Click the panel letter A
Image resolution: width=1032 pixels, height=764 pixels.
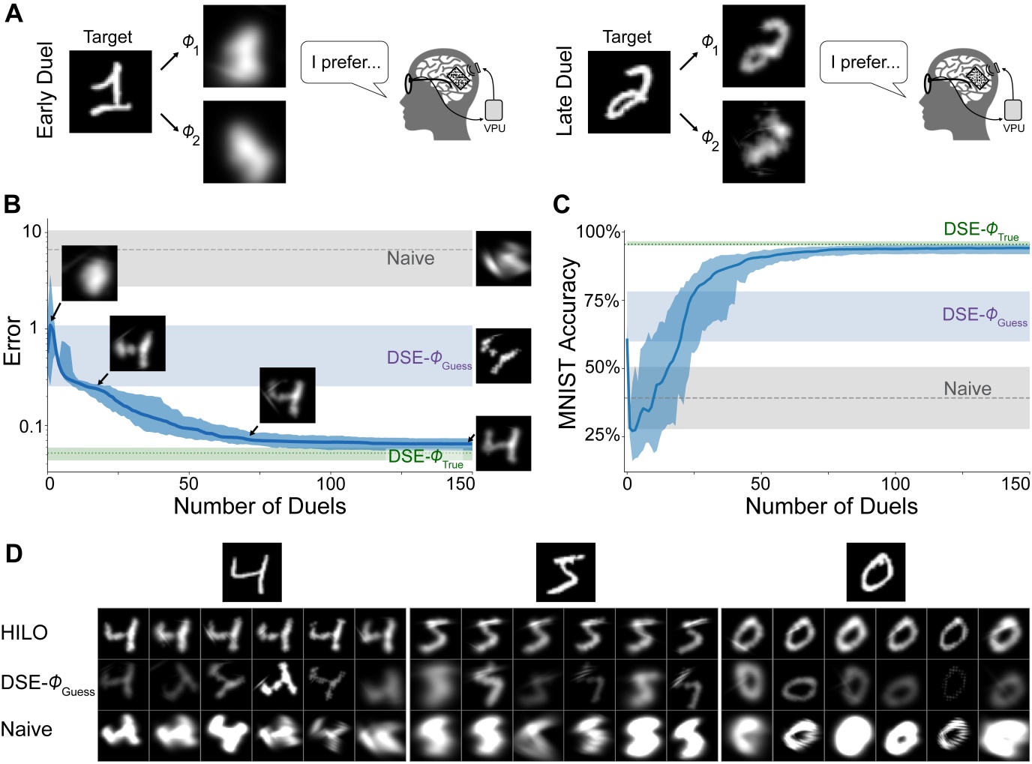tap(13, 13)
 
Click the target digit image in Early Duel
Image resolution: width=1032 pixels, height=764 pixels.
tap(110, 92)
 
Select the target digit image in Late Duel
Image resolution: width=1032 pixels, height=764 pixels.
tap(628, 92)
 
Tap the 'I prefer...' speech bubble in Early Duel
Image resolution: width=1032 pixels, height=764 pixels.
tap(345, 63)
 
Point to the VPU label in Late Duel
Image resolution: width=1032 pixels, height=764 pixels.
tap(1013, 128)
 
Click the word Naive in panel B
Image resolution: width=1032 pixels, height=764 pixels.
tap(410, 259)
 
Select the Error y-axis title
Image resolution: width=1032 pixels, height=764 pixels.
tap(13, 340)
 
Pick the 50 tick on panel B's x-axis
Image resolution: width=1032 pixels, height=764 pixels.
tap(188, 484)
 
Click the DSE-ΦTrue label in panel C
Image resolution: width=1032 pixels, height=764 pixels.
tap(980, 230)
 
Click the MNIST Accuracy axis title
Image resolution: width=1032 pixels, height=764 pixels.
tap(568, 343)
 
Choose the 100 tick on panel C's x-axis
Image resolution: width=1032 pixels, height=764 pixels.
tap(895, 484)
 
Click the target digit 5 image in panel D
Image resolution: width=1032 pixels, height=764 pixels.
tap(565, 572)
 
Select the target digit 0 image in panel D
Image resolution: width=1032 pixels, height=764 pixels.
tap(875, 572)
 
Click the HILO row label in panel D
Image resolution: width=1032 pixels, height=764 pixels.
tap(25, 633)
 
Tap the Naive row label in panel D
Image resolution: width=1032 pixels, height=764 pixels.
tap(27, 730)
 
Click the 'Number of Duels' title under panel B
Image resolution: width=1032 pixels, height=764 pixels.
tap(259, 507)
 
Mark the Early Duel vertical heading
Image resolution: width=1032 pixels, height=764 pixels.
tap(46, 90)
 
